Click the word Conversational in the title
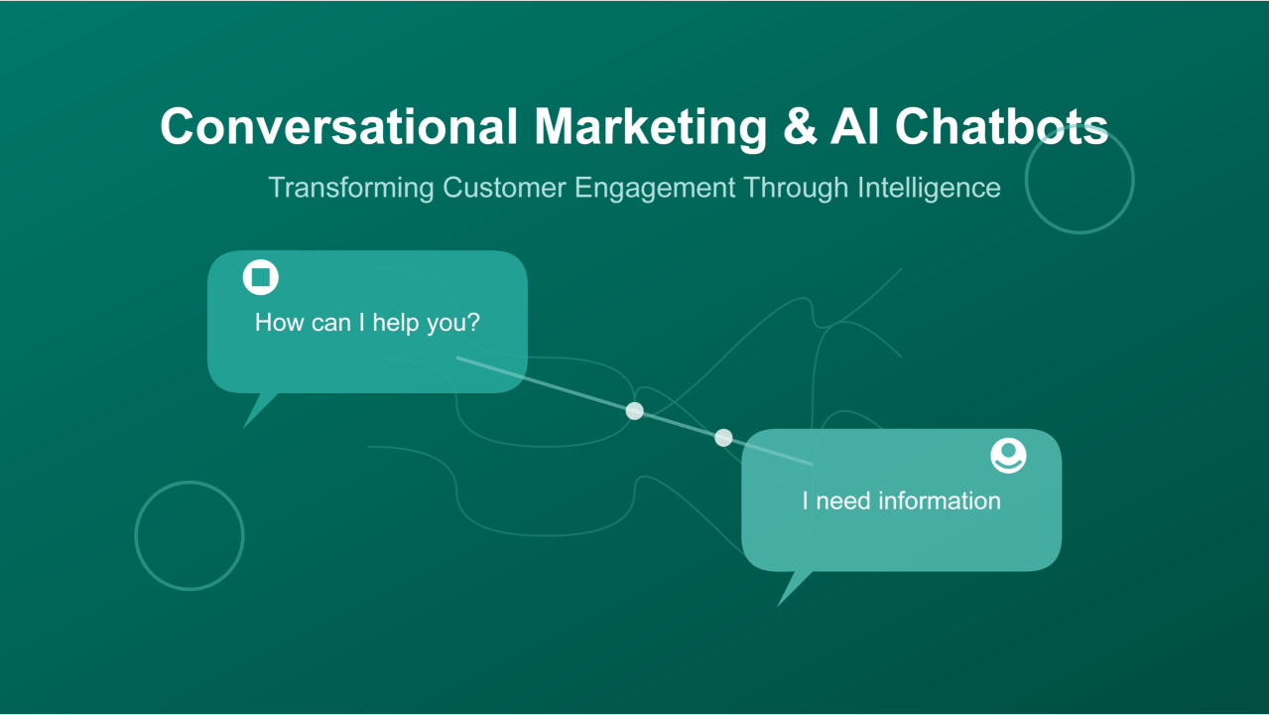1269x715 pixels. [338, 127]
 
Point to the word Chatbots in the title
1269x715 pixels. [1001, 127]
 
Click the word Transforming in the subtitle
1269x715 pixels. [351, 188]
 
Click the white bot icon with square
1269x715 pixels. [261, 277]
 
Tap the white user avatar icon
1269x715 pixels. [1008, 456]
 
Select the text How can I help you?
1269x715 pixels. [367, 323]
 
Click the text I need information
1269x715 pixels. [901, 501]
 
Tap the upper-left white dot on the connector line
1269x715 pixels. [635, 411]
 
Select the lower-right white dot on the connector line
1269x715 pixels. [723, 438]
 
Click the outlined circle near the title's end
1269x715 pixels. [1079, 180]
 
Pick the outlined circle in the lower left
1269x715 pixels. [190, 536]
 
